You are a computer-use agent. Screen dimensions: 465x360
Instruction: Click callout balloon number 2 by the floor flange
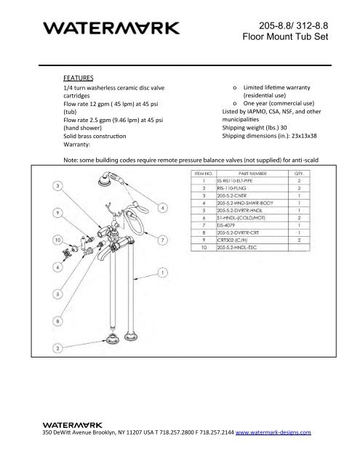pyautogui.click(x=57, y=349)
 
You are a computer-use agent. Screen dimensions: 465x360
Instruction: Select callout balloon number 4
pyautogui.click(x=162, y=209)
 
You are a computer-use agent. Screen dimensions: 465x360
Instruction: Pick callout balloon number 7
pyautogui.click(x=162, y=239)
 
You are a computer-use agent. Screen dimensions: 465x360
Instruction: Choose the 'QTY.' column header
pyautogui.click(x=297, y=174)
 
